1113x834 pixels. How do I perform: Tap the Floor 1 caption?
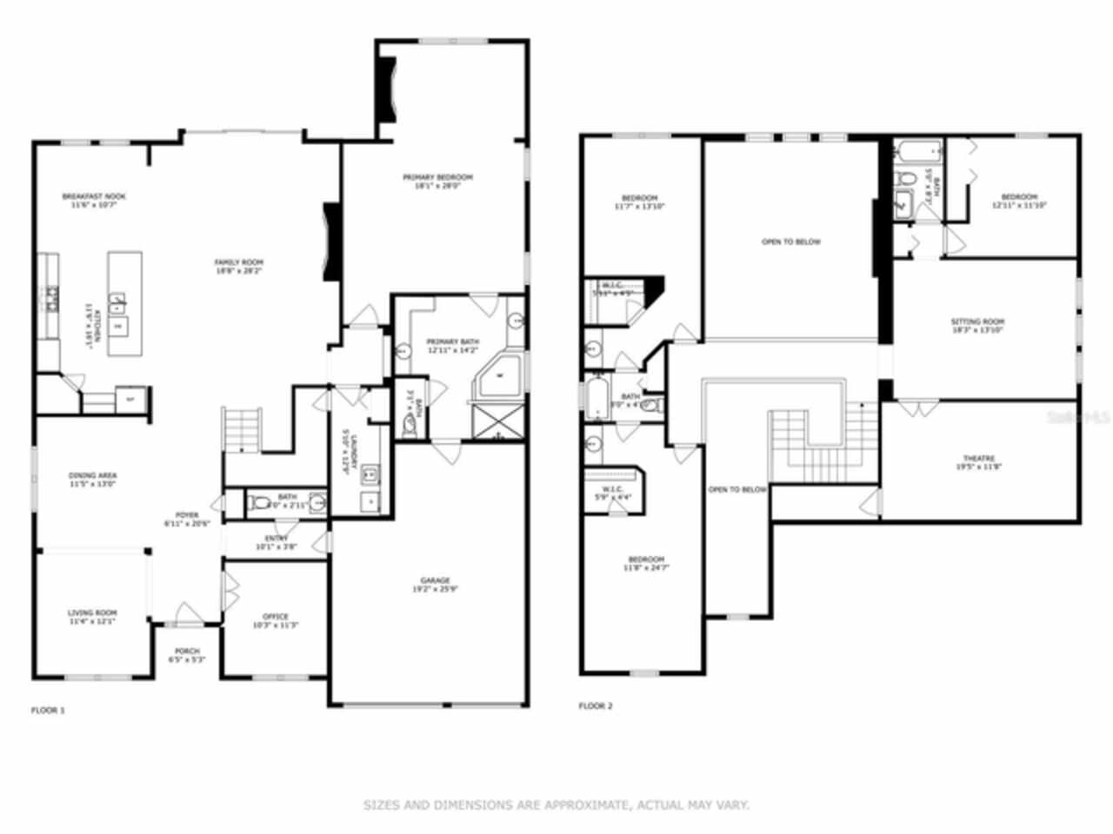coord(48,711)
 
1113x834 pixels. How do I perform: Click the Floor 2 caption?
coord(596,706)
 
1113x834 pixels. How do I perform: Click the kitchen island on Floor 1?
coord(124,303)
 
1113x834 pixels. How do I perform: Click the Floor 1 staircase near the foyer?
coord(243,429)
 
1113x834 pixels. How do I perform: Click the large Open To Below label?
coord(790,242)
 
